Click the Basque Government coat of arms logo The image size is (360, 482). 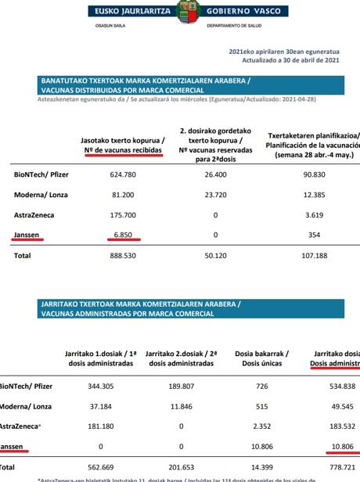point(181,12)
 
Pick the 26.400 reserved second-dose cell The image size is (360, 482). point(214,174)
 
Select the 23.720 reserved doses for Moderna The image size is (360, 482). point(214,194)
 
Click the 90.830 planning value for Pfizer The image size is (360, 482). point(312,174)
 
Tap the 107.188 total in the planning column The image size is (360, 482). point(312,255)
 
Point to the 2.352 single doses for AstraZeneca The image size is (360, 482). point(262,426)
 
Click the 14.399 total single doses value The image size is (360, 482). point(262,467)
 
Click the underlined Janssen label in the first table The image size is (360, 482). point(27,235)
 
